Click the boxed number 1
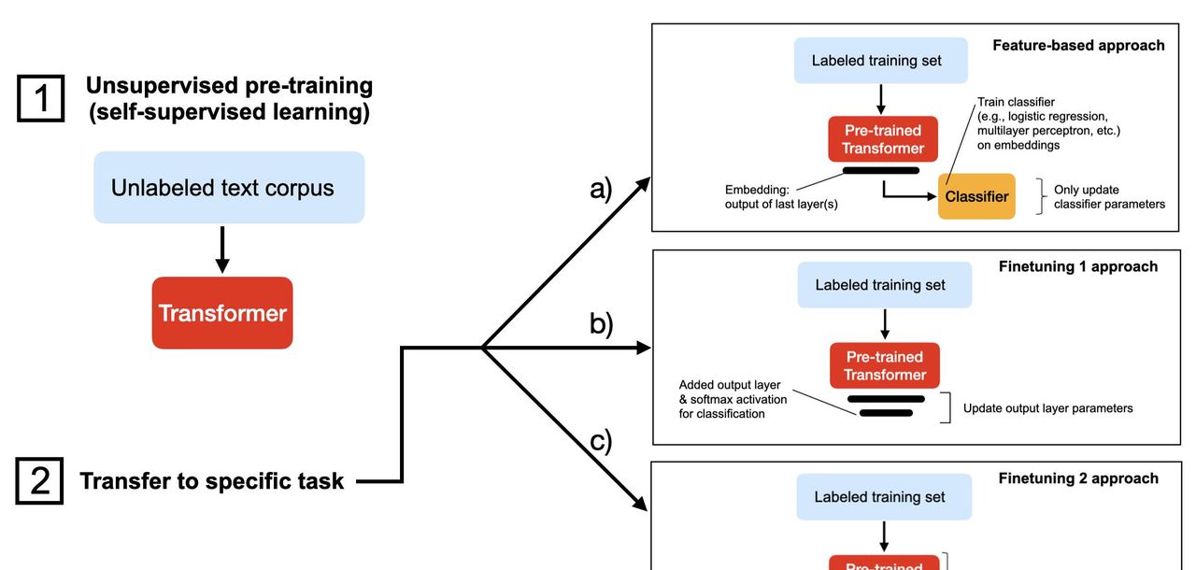pyautogui.click(x=41, y=99)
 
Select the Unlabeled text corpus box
pyautogui.click(x=229, y=188)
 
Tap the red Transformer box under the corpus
pyautogui.click(x=222, y=313)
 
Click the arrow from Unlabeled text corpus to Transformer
pyautogui.click(x=222, y=249)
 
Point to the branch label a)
pyautogui.click(x=601, y=189)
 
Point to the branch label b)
pyautogui.click(x=601, y=323)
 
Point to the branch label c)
pyautogui.click(x=601, y=440)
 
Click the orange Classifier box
pyautogui.click(x=976, y=197)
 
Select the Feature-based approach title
pyautogui.click(x=1078, y=45)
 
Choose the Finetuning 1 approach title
pyautogui.click(x=1078, y=266)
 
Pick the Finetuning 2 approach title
pyautogui.click(x=1078, y=478)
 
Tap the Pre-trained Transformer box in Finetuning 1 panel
pyautogui.click(x=885, y=365)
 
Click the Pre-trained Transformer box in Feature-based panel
pyautogui.click(x=882, y=139)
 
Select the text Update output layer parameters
pyautogui.click(x=1047, y=408)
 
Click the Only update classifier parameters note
pyautogui.click(x=1109, y=196)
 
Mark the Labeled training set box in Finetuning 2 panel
pyautogui.click(x=883, y=497)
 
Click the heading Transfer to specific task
pyautogui.click(x=212, y=482)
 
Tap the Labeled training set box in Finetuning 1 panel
pyautogui.click(x=884, y=285)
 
